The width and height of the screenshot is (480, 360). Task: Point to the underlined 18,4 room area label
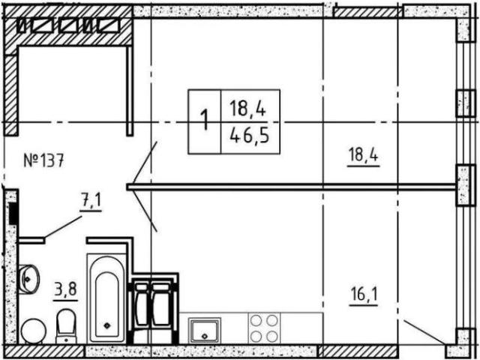pyautogui.click(x=363, y=156)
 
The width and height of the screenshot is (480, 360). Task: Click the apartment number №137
pyautogui.click(x=43, y=160)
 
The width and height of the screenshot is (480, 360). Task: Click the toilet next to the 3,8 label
pyautogui.click(x=66, y=326)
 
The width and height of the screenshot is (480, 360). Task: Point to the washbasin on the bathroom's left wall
pyautogui.click(x=28, y=280)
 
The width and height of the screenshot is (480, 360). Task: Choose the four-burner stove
pyautogui.click(x=264, y=328)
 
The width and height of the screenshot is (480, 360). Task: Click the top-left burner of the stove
pyautogui.click(x=256, y=321)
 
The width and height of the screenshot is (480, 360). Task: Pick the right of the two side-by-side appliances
pyautogui.click(x=162, y=308)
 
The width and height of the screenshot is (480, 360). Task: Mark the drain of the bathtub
pyautogui.click(x=108, y=325)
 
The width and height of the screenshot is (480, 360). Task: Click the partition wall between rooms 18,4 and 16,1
pyautogui.click(x=292, y=187)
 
